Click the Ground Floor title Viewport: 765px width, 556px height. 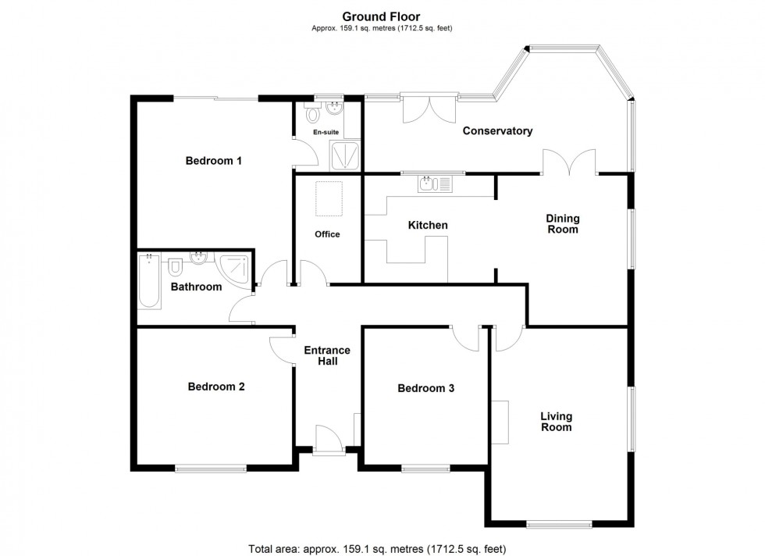pos(382,16)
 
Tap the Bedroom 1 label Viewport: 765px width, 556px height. pos(213,161)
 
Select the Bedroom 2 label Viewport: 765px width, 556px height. pos(216,387)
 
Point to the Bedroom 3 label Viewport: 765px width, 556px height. pos(425,388)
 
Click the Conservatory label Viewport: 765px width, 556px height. pos(497,131)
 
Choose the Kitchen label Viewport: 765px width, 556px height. pos(428,226)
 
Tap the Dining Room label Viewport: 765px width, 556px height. pos(562,224)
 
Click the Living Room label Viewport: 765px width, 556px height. pos(557,422)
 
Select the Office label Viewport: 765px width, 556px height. pos(327,234)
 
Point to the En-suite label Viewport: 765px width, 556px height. pos(326,133)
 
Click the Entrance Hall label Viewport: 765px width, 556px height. pos(327,356)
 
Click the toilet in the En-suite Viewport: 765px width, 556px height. pos(314,116)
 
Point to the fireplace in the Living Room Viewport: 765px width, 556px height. pos(500,422)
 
